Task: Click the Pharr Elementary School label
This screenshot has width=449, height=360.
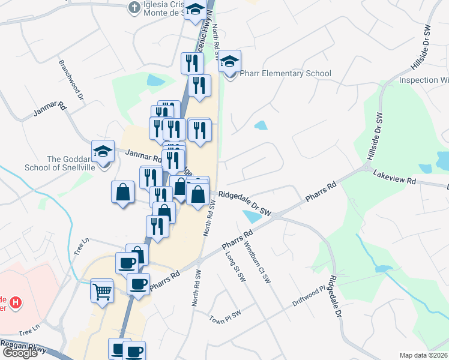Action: tap(286, 74)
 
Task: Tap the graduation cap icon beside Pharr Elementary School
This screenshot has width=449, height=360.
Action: tap(229, 61)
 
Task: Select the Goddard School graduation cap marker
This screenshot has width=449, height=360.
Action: tap(103, 151)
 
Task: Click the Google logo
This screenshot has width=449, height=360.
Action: tap(20, 353)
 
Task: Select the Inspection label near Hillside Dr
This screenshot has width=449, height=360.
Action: tap(424, 80)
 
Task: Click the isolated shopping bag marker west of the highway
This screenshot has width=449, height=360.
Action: tap(122, 193)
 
